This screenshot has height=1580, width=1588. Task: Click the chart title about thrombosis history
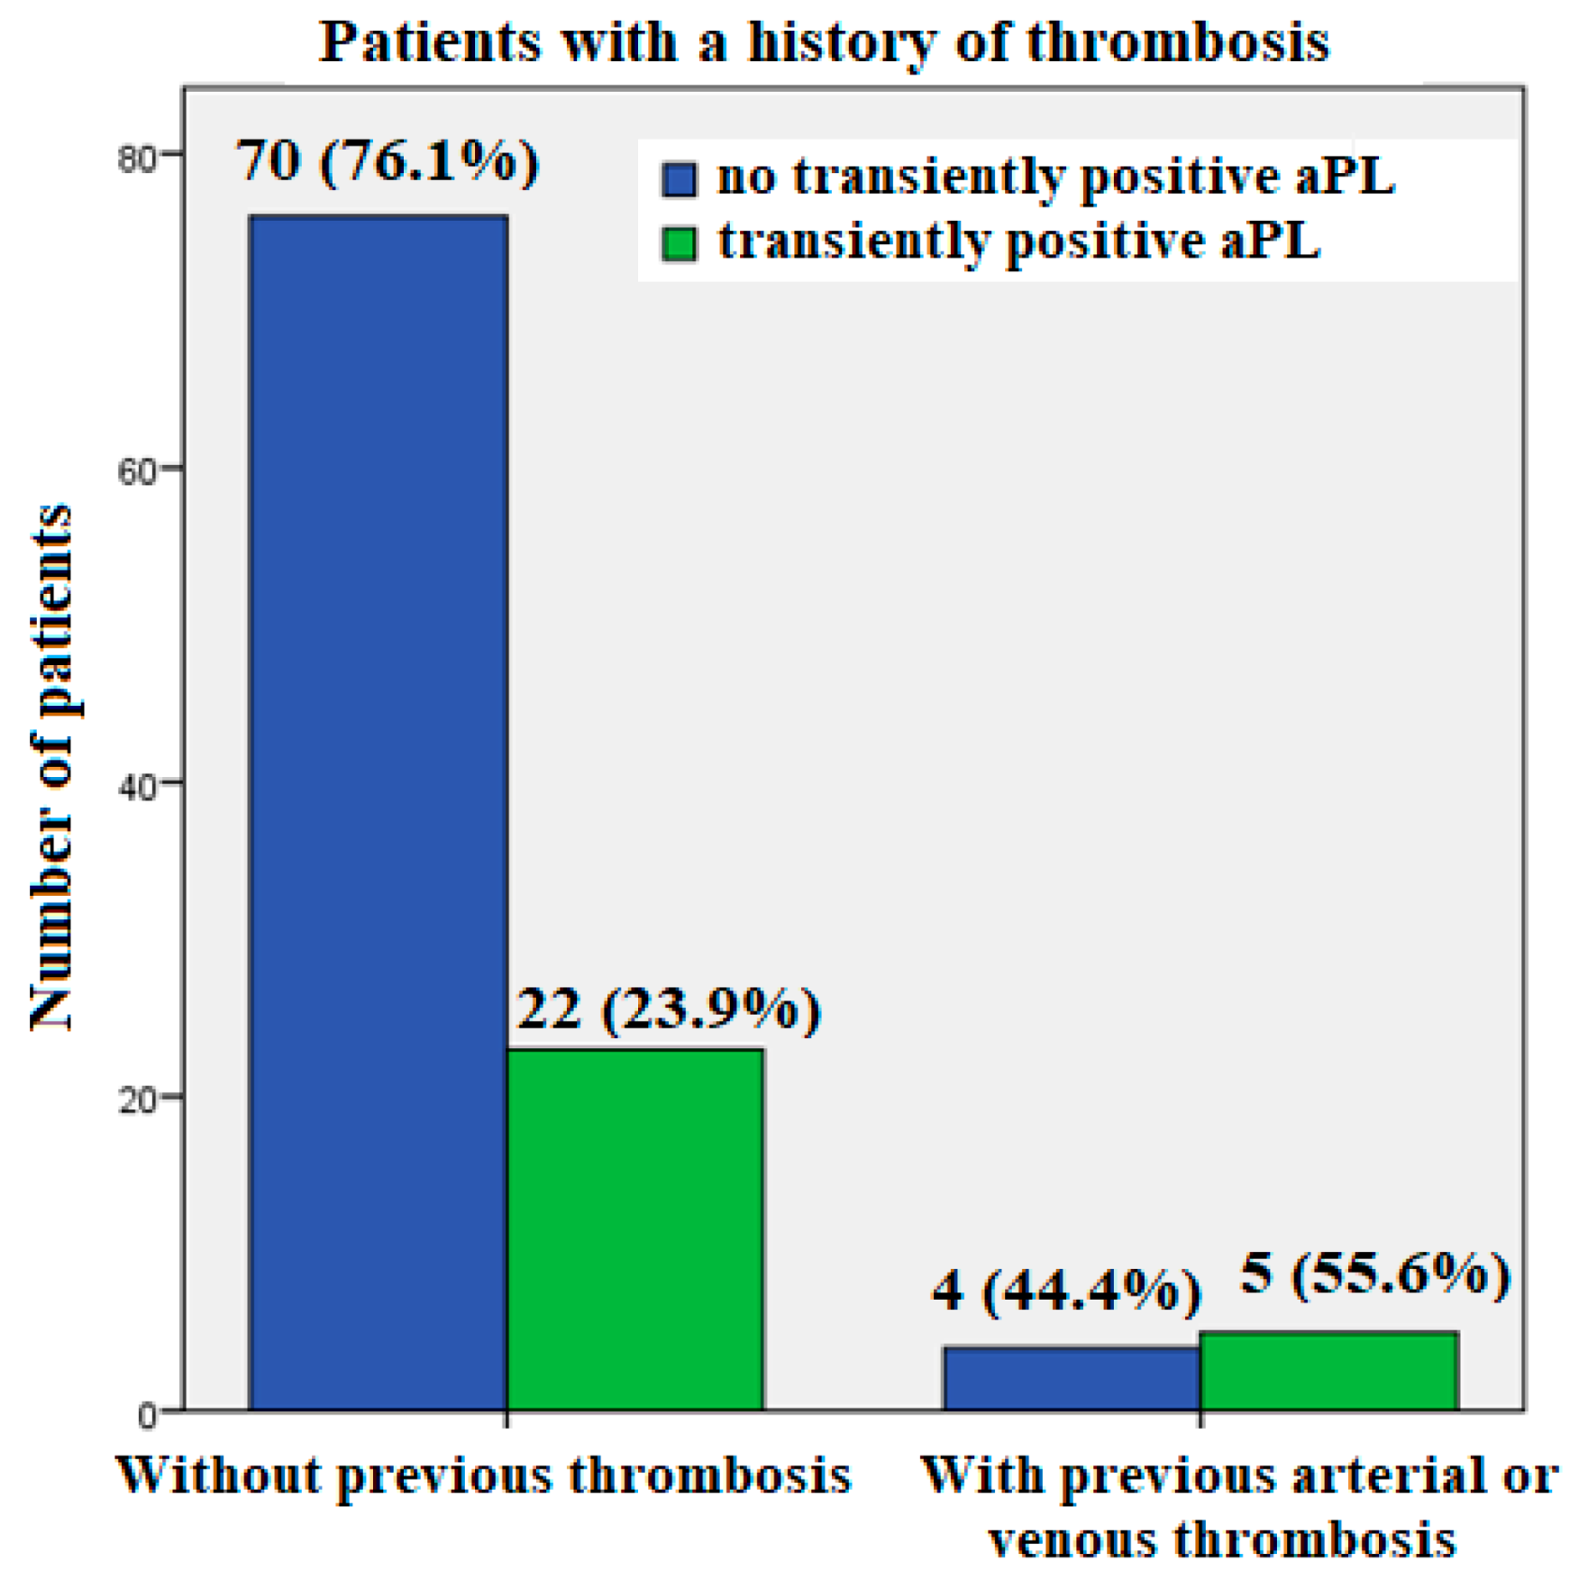(824, 42)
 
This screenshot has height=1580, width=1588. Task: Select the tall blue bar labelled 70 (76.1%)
(379, 812)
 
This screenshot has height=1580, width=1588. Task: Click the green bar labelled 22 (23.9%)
(635, 1228)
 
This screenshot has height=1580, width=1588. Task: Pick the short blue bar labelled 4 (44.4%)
(1072, 1377)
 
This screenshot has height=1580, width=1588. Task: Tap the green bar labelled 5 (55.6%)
(1329, 1370)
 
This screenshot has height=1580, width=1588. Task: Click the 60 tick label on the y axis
(138, 470)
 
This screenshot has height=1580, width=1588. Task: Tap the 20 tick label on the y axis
(138, 1100)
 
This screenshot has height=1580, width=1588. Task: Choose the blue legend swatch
(679, 178)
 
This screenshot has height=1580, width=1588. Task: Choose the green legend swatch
(679, 243)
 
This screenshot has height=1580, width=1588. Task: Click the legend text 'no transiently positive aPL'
(1056, 177)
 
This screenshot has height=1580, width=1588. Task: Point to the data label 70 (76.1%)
(388, 161)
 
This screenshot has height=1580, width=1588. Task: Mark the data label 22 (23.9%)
(669, 1009)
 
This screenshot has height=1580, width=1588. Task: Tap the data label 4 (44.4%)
(1067, 1292)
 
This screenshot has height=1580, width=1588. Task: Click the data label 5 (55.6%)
(1375, 1274)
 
